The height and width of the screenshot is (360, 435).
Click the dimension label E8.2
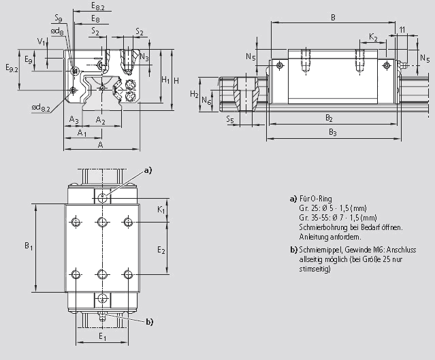point(98,6)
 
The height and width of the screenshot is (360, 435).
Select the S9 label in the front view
point(58,18)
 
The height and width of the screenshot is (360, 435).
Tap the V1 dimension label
point(42,42)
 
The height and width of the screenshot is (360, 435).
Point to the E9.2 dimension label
point(11,68)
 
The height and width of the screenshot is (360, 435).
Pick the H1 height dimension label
point(165,80)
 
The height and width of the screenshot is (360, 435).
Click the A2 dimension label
point(100,120)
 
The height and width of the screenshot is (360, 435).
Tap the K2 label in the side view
point(373,37)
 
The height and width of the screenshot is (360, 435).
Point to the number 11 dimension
point(402,31)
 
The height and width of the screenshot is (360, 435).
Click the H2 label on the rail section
point(195,94)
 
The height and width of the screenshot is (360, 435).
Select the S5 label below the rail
point(231,120)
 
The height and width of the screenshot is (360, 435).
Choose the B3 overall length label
point(332,131)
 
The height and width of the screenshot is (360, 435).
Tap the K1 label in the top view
point(161,211)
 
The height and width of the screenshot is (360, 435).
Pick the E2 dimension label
point(161,250)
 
